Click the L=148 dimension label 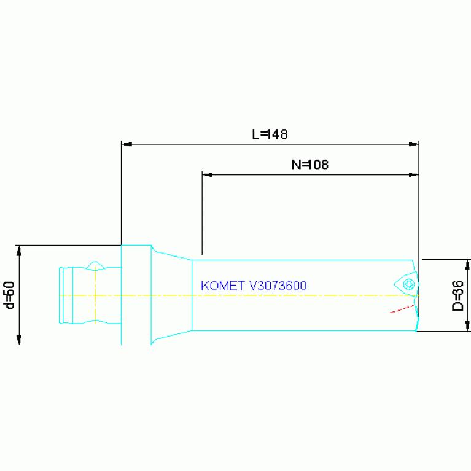pyautogui.click(x=270, y=134)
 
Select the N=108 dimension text pyautogui.click(x=309, y=165)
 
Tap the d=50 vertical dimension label pyautogui.click(x=9, y=295)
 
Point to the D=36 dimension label pyautogui.click(x=457, y=295)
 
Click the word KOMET pyautogui.click(x=222, y=286)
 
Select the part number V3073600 pyautogui.click(x=278, y=286)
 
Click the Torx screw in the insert pyautogui.click(x=408, y=284)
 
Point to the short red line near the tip pyautogui.click(x=402, y=309)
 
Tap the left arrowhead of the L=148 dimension pyautogui.click(x=127, y=144)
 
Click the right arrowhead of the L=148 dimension pyautogui.click(x=413, y=144)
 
